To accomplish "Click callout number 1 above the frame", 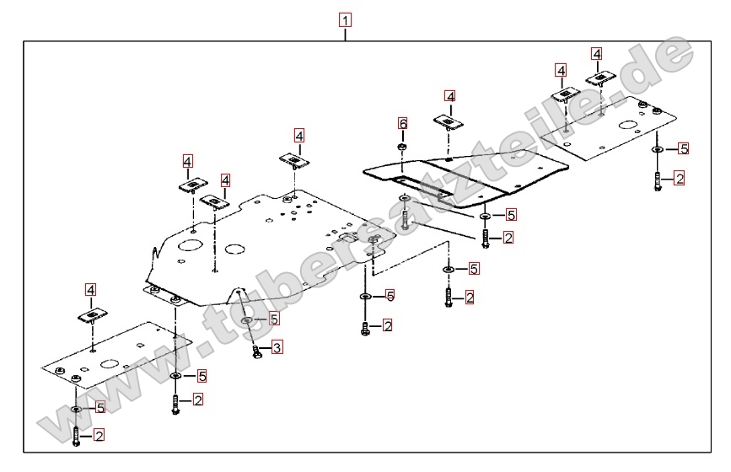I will coord(345,19).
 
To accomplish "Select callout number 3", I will coord(277,346).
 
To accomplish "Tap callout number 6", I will coord(403,124).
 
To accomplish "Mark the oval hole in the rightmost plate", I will coord(628,127).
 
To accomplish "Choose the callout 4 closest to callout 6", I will coord(450,97).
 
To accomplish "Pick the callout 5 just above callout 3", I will coord(273,319).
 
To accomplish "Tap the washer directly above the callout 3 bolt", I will coord(245,320).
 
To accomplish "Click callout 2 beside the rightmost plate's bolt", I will coord(679,178).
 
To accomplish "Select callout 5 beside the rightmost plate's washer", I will coord(683,148).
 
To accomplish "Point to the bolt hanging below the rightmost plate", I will coord(657,180).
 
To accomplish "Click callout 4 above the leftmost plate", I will coord(91,291).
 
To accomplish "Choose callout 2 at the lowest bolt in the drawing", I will coord(99,436).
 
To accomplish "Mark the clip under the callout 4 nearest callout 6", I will coord(450,122).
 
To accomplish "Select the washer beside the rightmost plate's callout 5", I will coord(657,149).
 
